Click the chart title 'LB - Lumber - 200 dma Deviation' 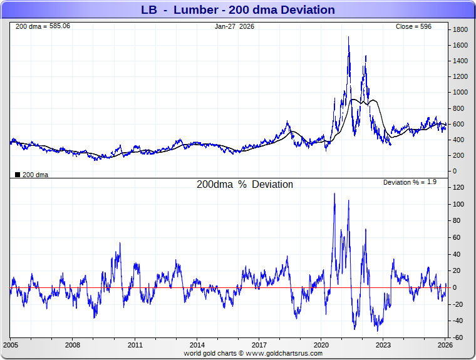pyautogui.click(x=237, y=10)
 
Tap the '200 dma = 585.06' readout pyautogui.click(x=42, y=26)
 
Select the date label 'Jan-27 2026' pyautogui.click(x=234, y=26)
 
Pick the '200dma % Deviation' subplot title pyautogui.click(x=244, y=185)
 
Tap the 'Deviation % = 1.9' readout pyautogui.click(x=409, y=182)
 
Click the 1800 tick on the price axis pyautogui.click(x=460, y=29)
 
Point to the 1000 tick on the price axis pyautogui.click(x=460, y=93)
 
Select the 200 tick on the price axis pyautogui.click(x=458, y=155)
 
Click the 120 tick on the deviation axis pyautogui.click(x=458, y=188)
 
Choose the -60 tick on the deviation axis pyautogui.click(x=458, y=337)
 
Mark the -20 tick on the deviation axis pyautogui.click(x=458, y=304)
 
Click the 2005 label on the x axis pyautogui.click(x=11, y=345)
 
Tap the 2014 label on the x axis pyautogui.click(x=197, y=345)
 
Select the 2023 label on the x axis pyautogui.click(x=383, y=345)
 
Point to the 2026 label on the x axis pyautogui.click(x=445, y=345)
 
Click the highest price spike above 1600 pyautogui.click(x=348, y=38)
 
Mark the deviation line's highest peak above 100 pyautogui.click(x=334, y=193)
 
